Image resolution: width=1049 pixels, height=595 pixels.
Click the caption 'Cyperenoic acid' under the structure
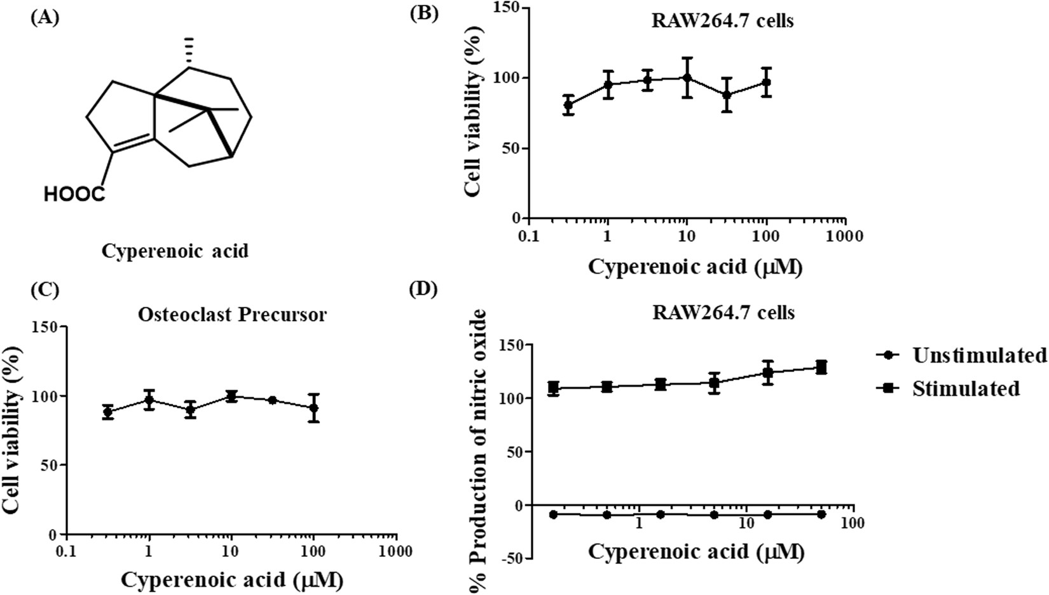tap(175, 251)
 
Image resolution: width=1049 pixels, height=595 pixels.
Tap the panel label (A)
tap(45, 17)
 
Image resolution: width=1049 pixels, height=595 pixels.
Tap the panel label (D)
tap(424, 289)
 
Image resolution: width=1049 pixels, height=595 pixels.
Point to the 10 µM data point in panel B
tap(687, 77)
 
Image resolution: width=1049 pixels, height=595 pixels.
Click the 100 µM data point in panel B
tap(766, 82)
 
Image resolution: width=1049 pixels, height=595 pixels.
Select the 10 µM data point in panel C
tap(231, 396)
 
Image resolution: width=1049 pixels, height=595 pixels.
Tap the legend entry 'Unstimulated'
tap(979, 356)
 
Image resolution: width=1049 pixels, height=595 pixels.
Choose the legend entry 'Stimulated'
tap(965, 388)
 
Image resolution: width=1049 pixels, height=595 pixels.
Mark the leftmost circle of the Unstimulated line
tap(554, 514)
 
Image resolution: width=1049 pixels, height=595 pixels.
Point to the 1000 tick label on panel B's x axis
tap(845, 236)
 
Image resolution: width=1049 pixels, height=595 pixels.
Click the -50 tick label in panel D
tap(515, 558)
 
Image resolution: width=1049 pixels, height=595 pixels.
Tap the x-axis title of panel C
tap(232, 579)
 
